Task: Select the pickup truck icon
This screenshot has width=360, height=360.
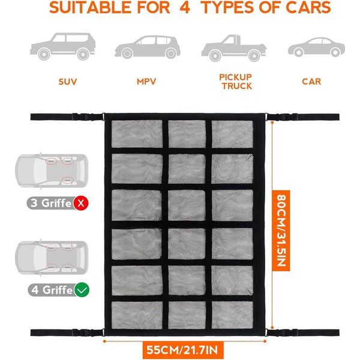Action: click(228, 47)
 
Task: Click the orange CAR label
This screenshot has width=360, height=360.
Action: click(311, 81)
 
